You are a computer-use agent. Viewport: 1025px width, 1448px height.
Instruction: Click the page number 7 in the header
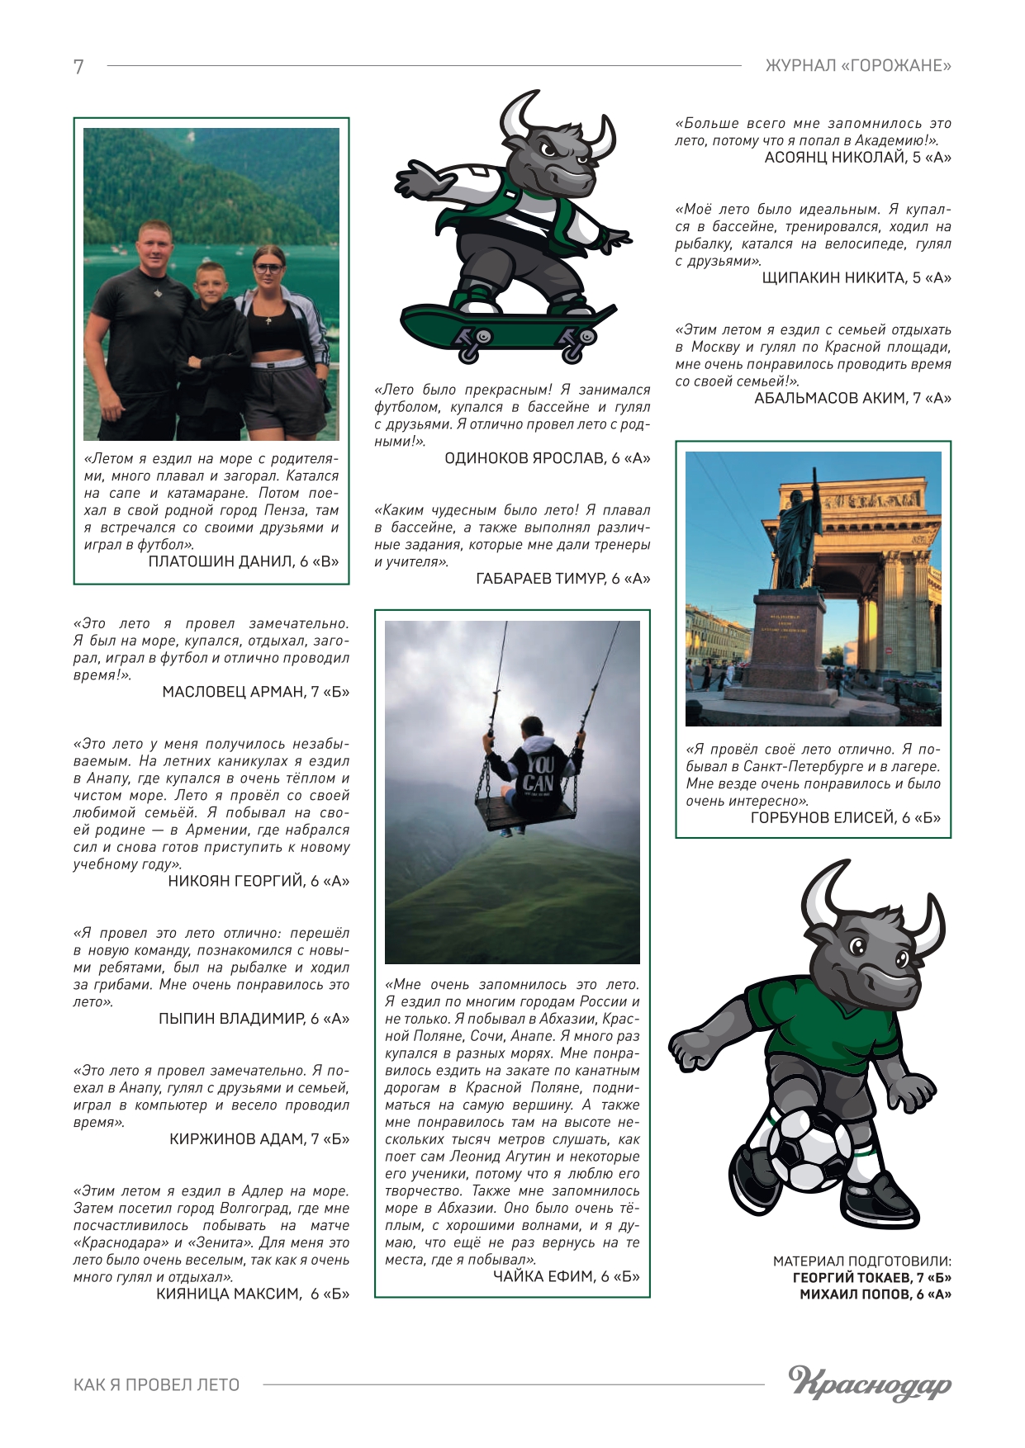pos(78,67)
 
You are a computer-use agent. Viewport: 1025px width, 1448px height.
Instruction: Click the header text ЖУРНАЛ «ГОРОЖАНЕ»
pos(858,66)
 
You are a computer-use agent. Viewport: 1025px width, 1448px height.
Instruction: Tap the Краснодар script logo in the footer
pos(869,1384)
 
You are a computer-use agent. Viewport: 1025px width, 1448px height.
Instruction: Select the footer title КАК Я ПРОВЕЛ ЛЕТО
pos(156,1385)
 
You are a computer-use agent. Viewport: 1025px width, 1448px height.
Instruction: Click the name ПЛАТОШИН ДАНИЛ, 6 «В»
pos(244,562)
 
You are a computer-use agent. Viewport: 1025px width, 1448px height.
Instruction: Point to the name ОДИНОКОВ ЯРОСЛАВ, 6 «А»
pos(547,458)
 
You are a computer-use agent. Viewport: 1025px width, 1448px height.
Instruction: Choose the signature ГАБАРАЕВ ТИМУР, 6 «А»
pos(562,579)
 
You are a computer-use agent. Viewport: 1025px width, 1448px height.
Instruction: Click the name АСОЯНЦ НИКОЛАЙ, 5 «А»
pos(857,158)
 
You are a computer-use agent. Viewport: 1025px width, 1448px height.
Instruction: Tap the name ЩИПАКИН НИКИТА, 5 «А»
pos(856,278)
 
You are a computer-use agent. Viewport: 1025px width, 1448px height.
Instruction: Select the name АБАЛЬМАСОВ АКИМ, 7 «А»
pos(852,399)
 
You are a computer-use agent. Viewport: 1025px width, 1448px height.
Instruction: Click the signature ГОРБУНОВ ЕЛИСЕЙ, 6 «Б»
pos(845,818)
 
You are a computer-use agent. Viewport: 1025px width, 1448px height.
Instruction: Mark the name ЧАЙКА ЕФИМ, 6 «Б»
pos(566,1277)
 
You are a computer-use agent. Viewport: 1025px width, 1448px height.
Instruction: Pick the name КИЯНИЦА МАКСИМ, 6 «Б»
pos(253,1294)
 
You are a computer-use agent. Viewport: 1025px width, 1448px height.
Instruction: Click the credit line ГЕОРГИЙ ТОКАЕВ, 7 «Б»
pos(871,1278)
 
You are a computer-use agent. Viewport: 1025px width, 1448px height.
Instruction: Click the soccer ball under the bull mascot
pos(809,1148)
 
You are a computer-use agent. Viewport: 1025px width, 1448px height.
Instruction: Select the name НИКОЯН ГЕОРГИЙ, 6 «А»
pos(259,882)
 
